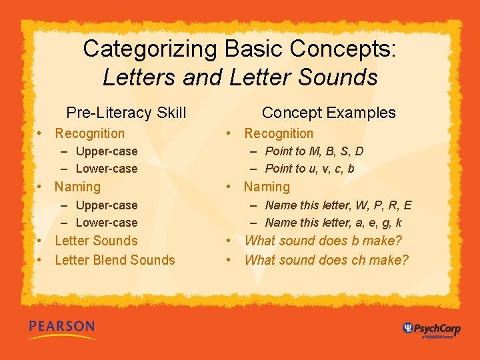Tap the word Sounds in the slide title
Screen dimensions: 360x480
[337, 77]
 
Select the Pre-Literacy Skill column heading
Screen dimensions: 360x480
[126, 113]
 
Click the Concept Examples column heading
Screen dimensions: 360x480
[329, 113]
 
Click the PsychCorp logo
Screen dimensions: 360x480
[431, 329]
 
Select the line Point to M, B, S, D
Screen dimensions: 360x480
[314, 151]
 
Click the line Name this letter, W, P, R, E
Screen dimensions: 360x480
[338, 205]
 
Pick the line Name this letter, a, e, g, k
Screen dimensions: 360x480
[333, 223]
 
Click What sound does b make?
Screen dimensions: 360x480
[323, 241]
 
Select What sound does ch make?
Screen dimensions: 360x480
[327, 260]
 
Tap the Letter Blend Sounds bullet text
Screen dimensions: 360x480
[115, 260]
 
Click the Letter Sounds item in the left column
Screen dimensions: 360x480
[96, 241]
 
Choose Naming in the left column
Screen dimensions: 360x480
[77, 187]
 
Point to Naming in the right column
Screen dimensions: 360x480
[267, 187]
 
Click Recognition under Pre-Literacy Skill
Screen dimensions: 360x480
[89, 133]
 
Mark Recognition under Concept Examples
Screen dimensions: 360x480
[279, 133]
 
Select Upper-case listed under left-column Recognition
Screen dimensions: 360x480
[107, 151]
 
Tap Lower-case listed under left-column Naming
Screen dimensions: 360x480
[107, 223]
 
